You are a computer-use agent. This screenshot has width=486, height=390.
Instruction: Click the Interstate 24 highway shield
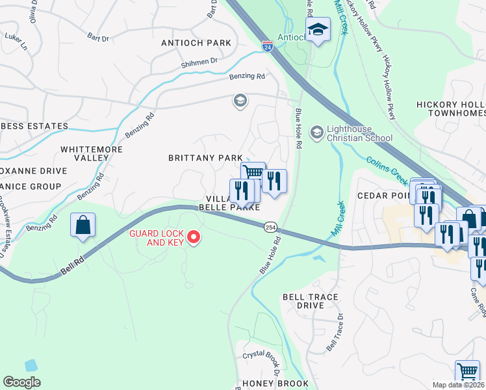click(x=268, y=46)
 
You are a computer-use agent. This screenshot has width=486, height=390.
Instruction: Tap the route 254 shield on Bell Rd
click(x=270, y=227)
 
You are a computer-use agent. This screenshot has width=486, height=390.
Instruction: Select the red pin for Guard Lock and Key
click(x=193, y=239)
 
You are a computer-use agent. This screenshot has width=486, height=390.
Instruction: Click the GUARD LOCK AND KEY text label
click(x=156, y=238)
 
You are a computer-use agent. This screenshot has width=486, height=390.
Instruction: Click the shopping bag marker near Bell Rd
click(x=83, y=226)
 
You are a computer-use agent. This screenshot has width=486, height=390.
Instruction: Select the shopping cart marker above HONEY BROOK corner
click(x=467, y=372)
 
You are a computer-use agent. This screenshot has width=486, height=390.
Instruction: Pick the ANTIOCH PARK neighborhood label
click(x=196, y=43)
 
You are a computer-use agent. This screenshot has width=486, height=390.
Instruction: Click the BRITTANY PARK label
click(x=205, y=158)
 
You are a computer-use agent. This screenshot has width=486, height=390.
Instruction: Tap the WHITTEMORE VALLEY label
click(x=84, y=153)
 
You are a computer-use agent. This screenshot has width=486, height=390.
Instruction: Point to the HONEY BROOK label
click(x=275, y=383)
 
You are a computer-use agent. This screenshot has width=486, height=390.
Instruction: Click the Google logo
click(x=21, y=382)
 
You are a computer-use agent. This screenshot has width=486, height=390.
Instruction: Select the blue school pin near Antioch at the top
click(x=318, y=30)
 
